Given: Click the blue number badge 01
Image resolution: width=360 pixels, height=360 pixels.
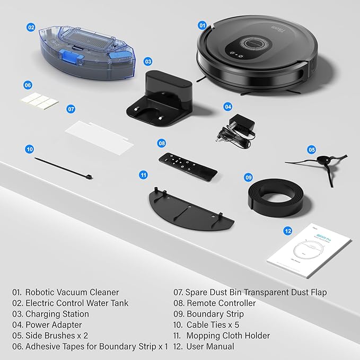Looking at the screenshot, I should (x=202, y=25).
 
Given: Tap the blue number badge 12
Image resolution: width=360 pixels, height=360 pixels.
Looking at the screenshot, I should (x=288, y=231).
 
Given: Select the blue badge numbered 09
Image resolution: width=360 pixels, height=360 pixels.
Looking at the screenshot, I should (x=248, y=177).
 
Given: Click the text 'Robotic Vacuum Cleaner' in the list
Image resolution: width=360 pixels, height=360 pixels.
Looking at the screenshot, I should (x=73, y=292).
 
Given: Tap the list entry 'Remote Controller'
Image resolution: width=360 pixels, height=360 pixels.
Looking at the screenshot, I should (x=221, y=303).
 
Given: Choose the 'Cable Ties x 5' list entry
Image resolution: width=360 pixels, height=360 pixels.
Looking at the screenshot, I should (x=217, y=325).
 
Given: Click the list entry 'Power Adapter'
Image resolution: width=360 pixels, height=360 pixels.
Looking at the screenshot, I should (x=54, y=325).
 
